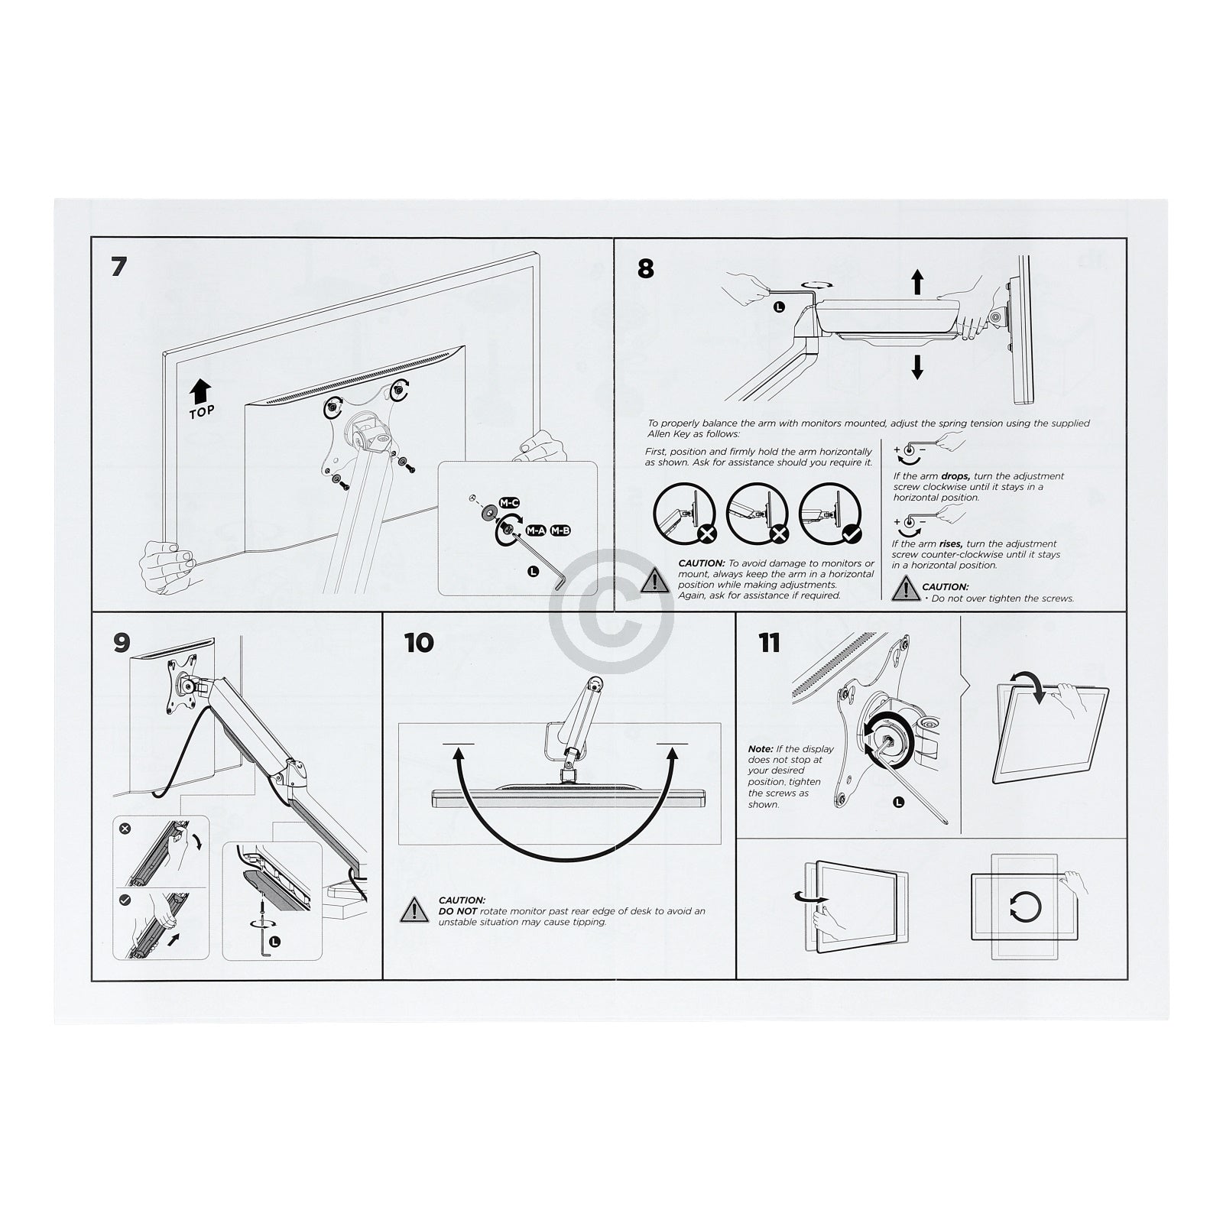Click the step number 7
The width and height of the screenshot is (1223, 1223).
(x=118, y=268)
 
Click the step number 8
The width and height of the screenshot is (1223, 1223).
(x=646, y=269)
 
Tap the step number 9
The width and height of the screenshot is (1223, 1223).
(x=122, y=643)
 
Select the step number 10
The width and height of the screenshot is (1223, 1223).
(x=419, y=643)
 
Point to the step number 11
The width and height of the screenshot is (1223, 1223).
(x=770, y=643)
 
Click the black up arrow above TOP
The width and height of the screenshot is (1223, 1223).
(x=200, y=391)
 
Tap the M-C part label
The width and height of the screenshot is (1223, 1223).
(x=509, y=502)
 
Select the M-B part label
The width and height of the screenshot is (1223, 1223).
(x=560, y=530)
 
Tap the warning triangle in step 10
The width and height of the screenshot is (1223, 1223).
(x=414, y=910)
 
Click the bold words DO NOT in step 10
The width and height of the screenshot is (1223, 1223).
(x=457, y=911)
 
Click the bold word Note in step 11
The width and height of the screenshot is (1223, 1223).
(x=761, y=749)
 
